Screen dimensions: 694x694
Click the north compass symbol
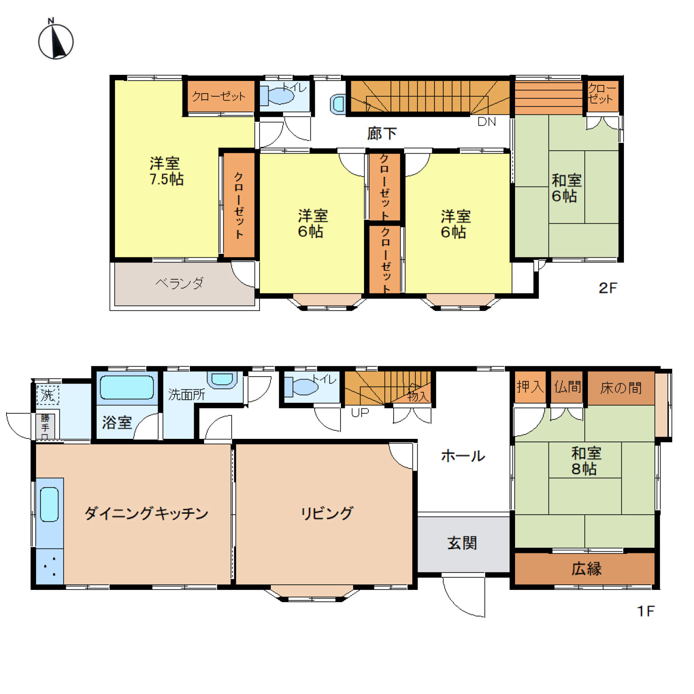pyautogui.click(x=56, y=40)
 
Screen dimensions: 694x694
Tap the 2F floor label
pyautogui.click(x=608, y=288)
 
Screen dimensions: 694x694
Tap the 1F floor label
pyautogui.click(x=646, y=611)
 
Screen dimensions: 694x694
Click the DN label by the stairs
pyautogui.click(x=486, y=122)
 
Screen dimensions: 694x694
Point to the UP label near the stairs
pyautogui.click(x=360, y=412)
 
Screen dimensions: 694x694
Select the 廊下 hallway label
pyautogui.click(x=382, y=133)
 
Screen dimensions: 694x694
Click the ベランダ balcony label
pyautogui.click(x=179, y=283)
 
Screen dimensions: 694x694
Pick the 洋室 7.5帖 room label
pyautogui.click(x=166, y=171)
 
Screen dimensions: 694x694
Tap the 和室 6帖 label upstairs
pyautogui.click(x=566, y=188)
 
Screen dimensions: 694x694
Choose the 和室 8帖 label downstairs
pyautogui.click(x=586, y=461)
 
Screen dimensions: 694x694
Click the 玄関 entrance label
pyautogui.click(x=462, y=543)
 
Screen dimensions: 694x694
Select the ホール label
pyautogui.click(x=463, y=456)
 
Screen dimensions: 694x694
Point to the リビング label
pyautogui.click(x=327, y=513)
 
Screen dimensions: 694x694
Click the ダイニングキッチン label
pyautogui.click(x=146, y=513)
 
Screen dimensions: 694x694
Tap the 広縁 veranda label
pyautogui.click(x=586, y=569)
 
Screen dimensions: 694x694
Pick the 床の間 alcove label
pyautogui.click(x=621, y=387)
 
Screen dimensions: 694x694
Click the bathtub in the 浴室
pyautogui.click(x=127, y=387)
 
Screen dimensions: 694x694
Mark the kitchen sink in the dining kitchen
pyautogui.click(x=49, y=504)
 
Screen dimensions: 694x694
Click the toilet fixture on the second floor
pyautogui.click(x=277, y=95)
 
